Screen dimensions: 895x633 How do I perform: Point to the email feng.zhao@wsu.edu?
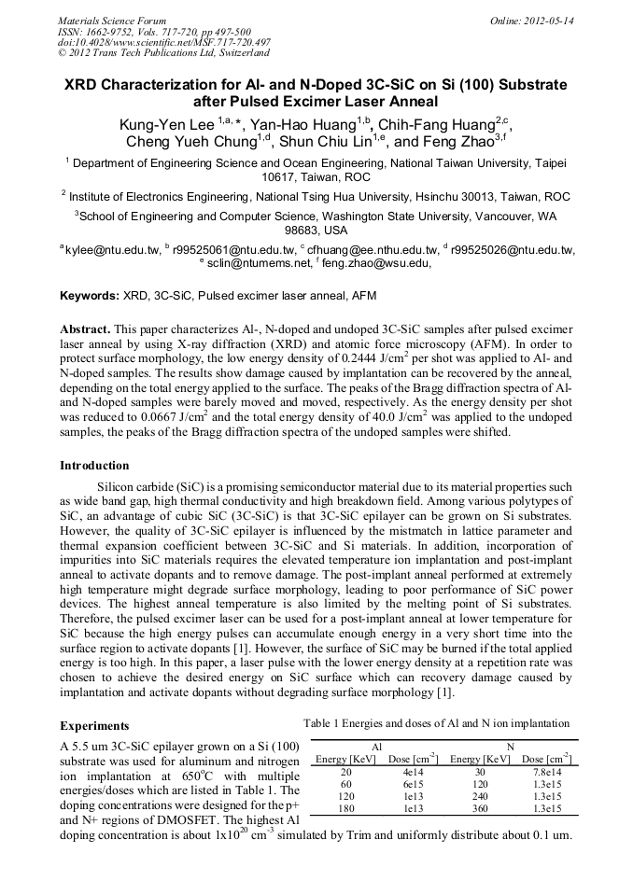383,264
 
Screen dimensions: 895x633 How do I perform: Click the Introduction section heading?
94,465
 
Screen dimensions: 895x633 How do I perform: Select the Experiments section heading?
94,725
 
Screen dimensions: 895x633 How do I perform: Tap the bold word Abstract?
85,330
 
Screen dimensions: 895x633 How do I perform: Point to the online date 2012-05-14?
551,21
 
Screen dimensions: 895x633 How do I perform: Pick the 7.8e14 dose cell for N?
546,772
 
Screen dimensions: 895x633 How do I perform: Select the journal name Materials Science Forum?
112,21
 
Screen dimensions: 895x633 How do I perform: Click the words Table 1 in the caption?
323,723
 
